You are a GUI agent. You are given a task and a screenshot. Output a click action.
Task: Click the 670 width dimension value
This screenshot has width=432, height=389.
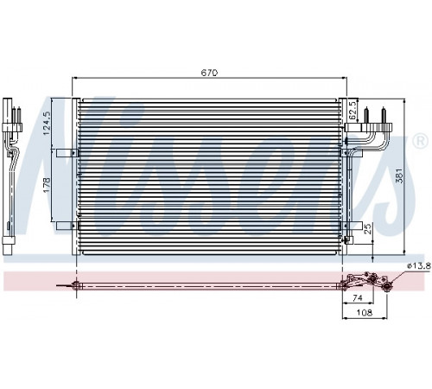[x=209, y=73]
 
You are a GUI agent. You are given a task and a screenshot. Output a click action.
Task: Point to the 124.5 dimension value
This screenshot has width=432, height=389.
[x=46, y=124]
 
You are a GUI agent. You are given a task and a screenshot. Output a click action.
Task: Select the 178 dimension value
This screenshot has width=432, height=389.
[x=46, y=185]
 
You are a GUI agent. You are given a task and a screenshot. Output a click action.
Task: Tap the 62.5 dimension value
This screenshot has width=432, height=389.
[x=353, y=110]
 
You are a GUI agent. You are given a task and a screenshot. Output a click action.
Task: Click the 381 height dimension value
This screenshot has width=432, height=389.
[x=398, y=175]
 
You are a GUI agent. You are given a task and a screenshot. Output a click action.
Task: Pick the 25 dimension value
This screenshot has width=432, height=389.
[x=368, y=228]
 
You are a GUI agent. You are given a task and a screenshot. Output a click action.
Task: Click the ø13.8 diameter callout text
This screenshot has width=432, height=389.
[x=419, y=266]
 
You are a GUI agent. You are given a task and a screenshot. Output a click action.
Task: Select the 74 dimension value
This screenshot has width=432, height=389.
[x=357, y=297]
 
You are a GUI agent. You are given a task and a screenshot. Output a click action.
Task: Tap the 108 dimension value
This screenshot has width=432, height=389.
[x=365, y=312]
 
